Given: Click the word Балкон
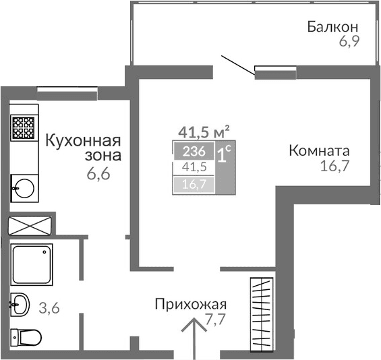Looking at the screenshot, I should (x=332, y=28).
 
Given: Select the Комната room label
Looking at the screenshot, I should (x=318, y=150).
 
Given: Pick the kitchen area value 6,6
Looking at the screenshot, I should (x=98, y=173).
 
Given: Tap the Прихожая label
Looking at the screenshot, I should (x=189, y=304).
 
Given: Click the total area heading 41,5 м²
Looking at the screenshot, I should (x=204, y=131).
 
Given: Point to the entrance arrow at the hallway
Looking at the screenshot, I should (x=194, y=337).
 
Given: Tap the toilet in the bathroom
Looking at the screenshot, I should (x=27, y=335).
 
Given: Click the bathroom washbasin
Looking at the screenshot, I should (x=21, y=304).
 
